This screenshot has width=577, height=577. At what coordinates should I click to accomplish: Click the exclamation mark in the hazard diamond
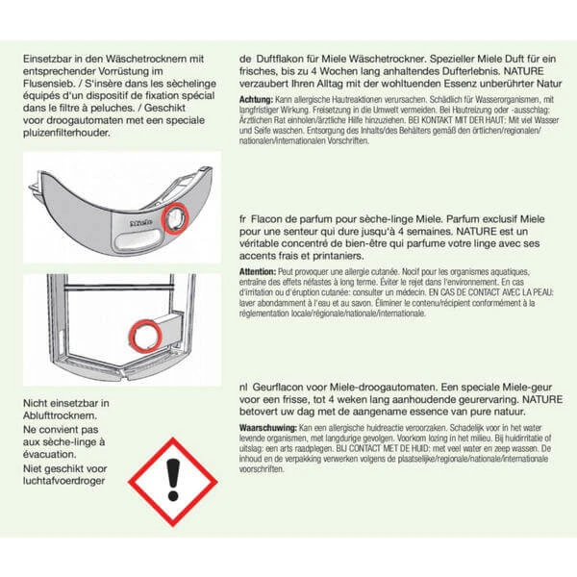pos(173,475)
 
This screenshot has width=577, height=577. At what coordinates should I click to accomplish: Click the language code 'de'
pos(245,58)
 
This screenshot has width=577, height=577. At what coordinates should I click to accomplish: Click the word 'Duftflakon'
pos(287,58)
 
